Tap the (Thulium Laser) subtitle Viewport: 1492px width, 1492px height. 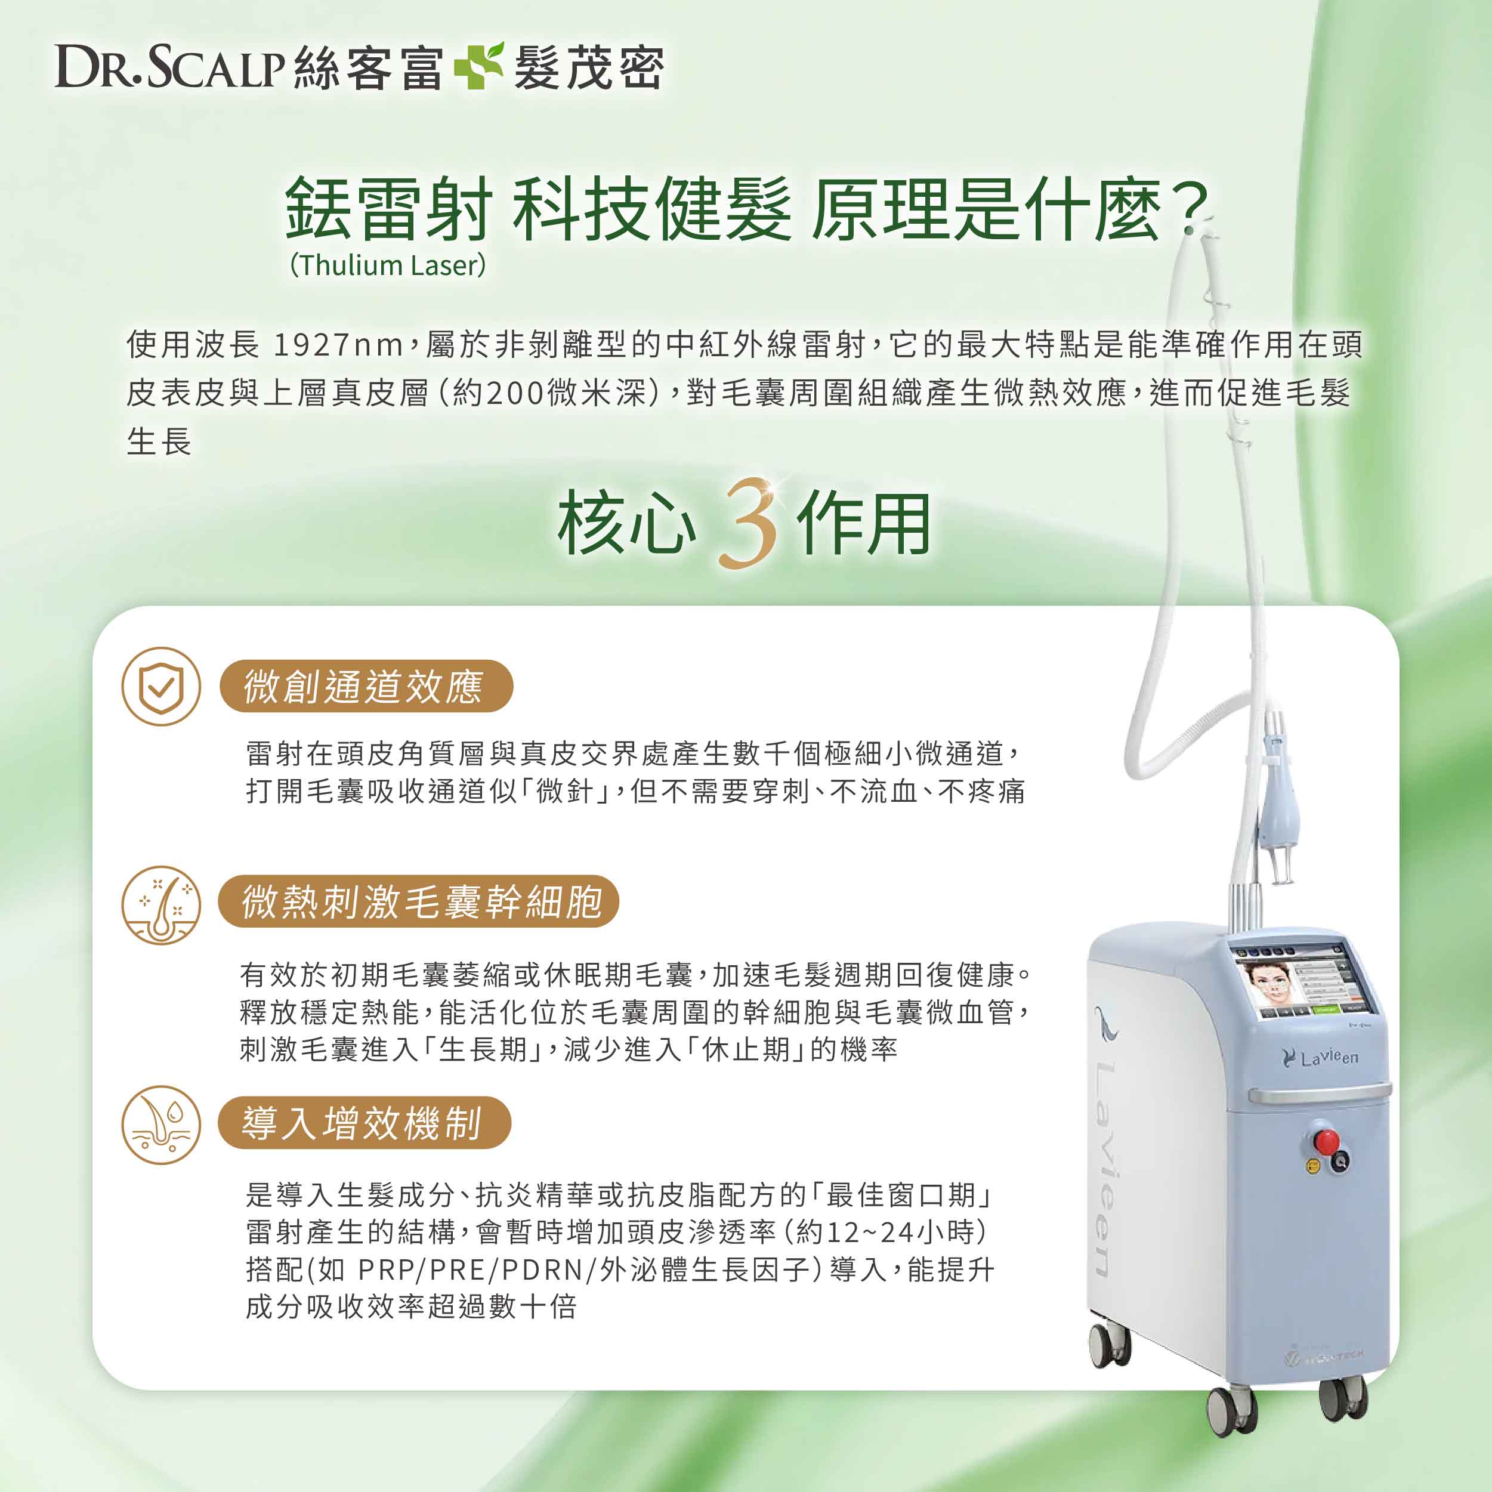point(388,265)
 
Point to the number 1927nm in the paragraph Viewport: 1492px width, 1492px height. point(338,344)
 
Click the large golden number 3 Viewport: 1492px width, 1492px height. point(747,525)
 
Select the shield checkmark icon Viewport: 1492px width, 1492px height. point(162,686)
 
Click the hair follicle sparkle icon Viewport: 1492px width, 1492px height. point(162,905)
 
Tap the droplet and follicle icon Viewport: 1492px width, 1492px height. point(162,1125)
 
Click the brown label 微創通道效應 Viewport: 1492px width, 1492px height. point(366,686)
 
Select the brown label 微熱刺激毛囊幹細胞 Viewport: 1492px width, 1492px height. point(419,901)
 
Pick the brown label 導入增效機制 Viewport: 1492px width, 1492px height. point(364,1122)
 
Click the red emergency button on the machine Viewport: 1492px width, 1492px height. point(1326,1141)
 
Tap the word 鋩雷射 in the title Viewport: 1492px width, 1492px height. point(388,209)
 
